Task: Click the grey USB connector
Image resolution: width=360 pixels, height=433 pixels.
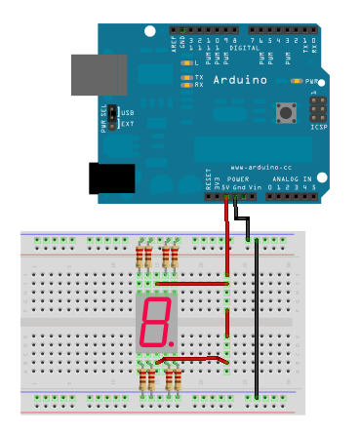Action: [98, 75]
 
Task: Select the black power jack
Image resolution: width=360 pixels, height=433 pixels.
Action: [111, 178]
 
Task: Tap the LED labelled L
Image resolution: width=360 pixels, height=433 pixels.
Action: [186, 62]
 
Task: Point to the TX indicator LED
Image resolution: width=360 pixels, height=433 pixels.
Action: [186, 77]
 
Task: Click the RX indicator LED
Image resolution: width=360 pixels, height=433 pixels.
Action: [186, 85]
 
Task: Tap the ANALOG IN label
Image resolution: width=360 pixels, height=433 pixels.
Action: [292, 180]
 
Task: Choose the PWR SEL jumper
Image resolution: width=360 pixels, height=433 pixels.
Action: [114, 118]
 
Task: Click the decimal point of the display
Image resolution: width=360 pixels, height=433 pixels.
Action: [173, 342]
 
